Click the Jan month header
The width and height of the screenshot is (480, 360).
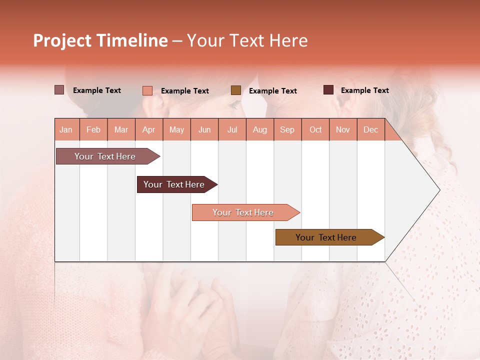tap(66, 129)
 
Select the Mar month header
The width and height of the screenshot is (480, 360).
tap(121, 129)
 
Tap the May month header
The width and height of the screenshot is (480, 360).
tap(176, 129)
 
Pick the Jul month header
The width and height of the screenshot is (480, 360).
tap(232, 129)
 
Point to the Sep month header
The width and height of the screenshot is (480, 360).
tap(287, 129)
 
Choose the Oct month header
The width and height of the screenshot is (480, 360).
tap(315, 129)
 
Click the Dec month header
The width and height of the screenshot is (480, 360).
tap(370, 129)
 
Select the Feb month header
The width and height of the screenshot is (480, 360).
tap(93, 129)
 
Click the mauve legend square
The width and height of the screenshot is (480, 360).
tap(59, 90)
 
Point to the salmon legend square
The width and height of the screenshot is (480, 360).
tap(147, 90)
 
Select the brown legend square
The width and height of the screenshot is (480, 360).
tap(235, 90)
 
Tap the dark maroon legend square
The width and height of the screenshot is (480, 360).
tap(328, 90)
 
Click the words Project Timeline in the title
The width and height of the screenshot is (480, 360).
tap(100, 40)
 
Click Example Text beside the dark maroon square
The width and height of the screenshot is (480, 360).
tap(364, 90)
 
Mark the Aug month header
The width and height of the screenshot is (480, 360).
tap(259, 129)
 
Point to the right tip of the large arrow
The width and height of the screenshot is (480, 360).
tap(439, 190)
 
